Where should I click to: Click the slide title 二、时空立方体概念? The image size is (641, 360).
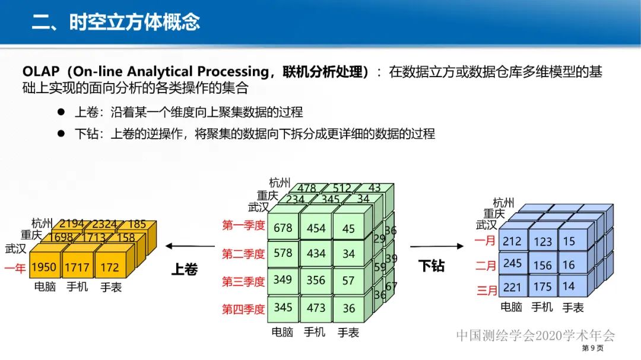pos(116,22)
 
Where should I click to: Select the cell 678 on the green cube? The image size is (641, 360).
pos(283,228)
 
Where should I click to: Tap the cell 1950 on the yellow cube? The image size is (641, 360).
pos(44,267)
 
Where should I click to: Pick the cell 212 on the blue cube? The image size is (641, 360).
pos(512,241)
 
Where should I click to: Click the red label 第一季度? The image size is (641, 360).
pos(243,225)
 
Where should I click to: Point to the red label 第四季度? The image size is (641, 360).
pos(243,309)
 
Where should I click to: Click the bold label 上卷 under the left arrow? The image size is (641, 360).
pos(184,270)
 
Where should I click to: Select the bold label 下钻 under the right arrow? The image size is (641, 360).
pos(431,266)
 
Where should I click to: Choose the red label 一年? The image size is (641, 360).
pos(15,268)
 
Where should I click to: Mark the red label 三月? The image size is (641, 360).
pos(486,291)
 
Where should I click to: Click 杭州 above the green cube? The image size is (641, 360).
pos(280,183)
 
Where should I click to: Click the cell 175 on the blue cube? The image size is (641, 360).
pos(542,287)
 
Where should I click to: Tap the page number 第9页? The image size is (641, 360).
pos(592,348)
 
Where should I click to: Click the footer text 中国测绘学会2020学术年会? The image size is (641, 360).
pos(536,335)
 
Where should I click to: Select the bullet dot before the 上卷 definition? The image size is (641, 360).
pos(61,112)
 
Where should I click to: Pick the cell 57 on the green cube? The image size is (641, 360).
pos(348,280)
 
